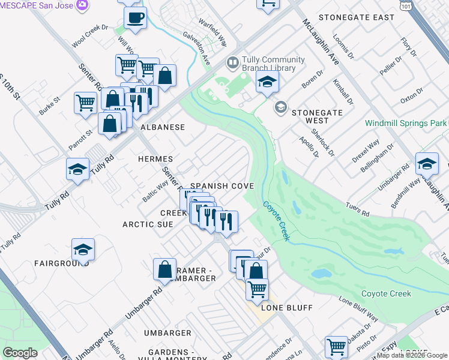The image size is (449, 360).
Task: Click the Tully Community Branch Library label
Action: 269,64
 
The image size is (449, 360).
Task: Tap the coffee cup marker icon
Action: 135,18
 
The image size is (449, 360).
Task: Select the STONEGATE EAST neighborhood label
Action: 356,17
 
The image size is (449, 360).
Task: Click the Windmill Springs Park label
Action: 406,123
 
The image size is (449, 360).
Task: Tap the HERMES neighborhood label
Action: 155,159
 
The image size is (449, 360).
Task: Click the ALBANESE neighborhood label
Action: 162,127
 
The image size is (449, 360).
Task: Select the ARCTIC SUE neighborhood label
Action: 148,224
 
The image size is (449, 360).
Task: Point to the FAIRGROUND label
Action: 62,263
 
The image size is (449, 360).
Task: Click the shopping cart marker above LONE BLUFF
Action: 257,289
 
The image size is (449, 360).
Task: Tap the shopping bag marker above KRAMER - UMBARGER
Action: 164,269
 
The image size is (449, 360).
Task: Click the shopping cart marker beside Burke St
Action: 85,103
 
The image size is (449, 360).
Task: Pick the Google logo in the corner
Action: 20,353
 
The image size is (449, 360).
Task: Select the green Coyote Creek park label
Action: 386,293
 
